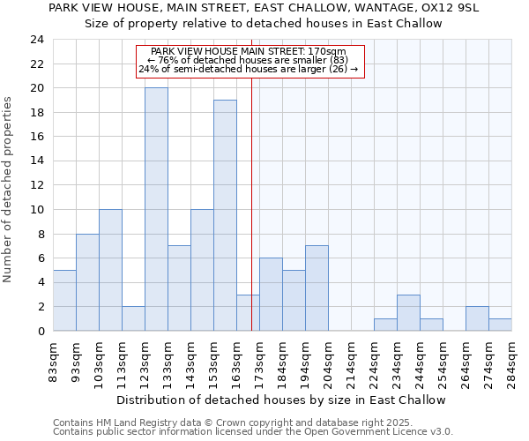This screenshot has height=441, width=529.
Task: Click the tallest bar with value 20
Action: pyautogui.click(x=156, y=209)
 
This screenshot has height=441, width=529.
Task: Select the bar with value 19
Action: pyautogui.click(x=225, y=215)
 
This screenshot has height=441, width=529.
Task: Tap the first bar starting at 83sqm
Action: pyautogui.click(x=64, y=300)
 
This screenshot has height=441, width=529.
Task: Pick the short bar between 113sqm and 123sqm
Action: pyautogui.click(x=133, y=318)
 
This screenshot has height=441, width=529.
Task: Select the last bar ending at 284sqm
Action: pyautogui.click(x=500, y=325)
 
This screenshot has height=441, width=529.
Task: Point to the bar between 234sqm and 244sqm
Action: pyautogui.click(x=408, y=312)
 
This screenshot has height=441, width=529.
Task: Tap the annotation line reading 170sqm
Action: pyautogui.click(x=249, y=52)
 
